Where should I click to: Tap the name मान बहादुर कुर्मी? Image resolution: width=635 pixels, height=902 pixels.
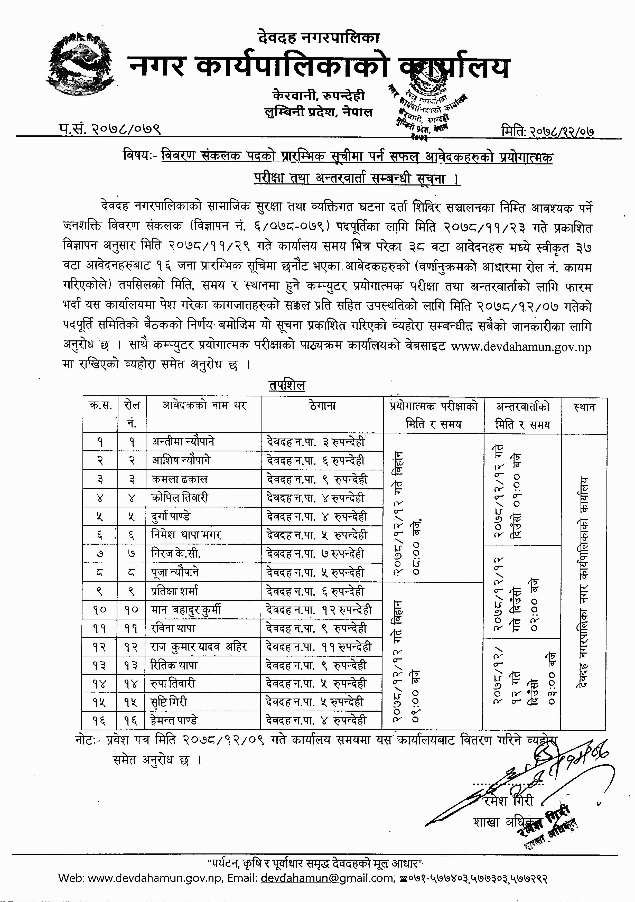(x=186, y=610)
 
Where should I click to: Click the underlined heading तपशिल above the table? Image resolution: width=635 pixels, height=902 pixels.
(x=287, y=385)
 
